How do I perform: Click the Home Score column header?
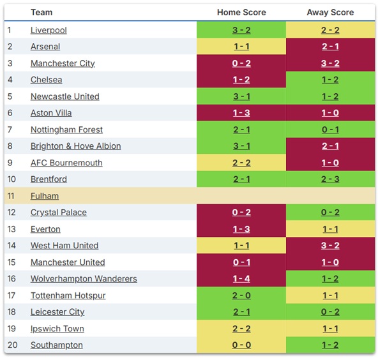tap(241, 12)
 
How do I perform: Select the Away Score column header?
tap(330, 12)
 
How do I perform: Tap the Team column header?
tap(42, 12)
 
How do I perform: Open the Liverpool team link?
tap(49, 30)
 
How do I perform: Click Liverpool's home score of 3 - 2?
tap(241, 30)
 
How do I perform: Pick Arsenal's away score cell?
tap(330, 47)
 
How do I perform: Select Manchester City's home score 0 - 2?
tap(241, 63)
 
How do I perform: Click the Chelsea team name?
tap(47, 80)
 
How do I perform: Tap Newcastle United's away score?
tap(330, 96)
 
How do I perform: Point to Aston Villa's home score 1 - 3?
tap(241, 113)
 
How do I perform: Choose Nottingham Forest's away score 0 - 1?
tap(330, 130)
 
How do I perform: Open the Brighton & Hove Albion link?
tap(75, 146)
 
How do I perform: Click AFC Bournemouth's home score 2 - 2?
tap(241, 163)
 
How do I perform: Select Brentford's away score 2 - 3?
tap(330, 179)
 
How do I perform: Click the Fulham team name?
tap(45, 196)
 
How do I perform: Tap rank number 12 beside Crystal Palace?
tap(11, 213)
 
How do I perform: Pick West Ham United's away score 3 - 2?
tap(330, 246)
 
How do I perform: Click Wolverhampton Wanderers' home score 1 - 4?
tap(241, 279)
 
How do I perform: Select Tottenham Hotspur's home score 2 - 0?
tap(241, 296)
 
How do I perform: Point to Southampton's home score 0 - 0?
tap(241, 345)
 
